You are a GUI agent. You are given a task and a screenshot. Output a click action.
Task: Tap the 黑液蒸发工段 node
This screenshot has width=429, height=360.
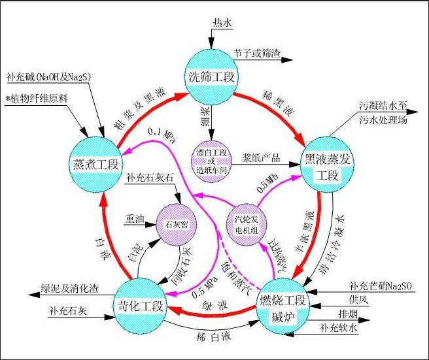[x=325, y=165]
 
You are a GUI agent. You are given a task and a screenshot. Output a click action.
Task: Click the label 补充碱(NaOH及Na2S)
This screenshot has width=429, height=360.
[x=48, y=76]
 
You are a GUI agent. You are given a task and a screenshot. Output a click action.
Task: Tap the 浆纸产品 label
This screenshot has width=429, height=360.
[x=261, y=159]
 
